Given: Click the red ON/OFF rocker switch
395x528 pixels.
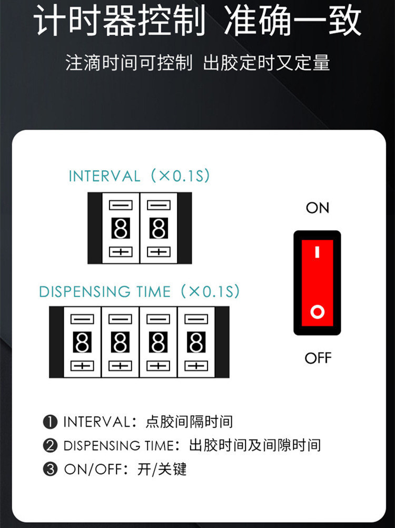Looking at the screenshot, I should tap(317, 282).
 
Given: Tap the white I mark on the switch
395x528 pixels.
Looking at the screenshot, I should tap(317, 252).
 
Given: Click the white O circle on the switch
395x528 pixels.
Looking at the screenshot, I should tap(317, 312).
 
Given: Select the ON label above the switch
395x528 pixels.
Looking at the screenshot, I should tap(317, 208).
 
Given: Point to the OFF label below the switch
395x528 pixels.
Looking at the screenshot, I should tap(318, 358).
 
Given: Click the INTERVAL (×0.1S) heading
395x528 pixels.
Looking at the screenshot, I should tap(139, 176).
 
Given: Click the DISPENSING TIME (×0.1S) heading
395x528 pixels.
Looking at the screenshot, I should tap(139, 291).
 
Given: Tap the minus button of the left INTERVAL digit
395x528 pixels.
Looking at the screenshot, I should tap(121, 204).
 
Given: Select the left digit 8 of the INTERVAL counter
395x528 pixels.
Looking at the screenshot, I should tap(121, 228).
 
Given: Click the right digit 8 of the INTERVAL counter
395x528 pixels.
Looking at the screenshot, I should tap(158, 228).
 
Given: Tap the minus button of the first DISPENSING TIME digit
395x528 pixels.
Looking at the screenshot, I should tap(82, 319).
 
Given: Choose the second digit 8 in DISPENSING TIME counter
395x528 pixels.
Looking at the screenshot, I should tap(121, 343).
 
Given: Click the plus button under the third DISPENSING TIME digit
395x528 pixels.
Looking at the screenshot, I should tap(158, 366).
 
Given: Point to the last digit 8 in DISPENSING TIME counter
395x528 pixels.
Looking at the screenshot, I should tap(196, 343).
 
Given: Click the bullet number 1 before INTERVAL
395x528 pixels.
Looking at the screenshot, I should tap(50, 422).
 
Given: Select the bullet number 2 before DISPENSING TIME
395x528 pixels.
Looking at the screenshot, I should tap(50, 445).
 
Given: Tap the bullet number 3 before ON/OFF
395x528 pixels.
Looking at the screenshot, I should tap(50, 469).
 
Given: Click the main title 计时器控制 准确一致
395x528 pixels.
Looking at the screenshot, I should tap(197, 21).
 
